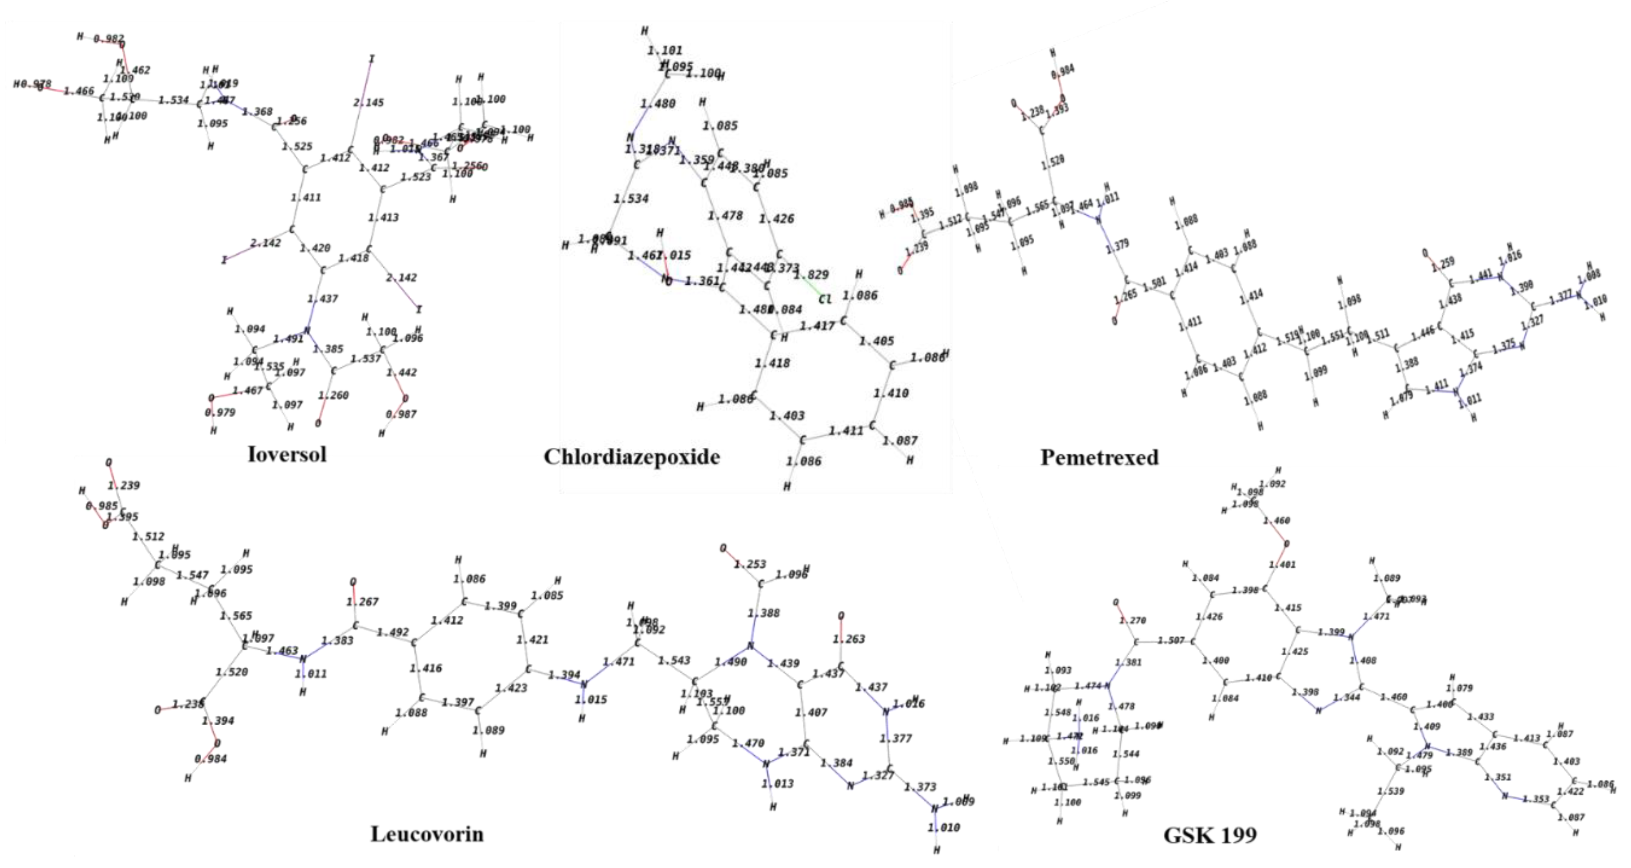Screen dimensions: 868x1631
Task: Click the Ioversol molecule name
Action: click(287, 454)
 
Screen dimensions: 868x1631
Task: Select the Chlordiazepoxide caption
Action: click(631, 457)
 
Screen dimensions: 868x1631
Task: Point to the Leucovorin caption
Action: click(427, 834)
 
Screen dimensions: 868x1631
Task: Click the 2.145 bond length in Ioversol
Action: click(368, 102)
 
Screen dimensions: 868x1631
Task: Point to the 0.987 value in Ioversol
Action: click(401, 414)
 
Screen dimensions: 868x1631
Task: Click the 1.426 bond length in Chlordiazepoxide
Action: click(776, 219)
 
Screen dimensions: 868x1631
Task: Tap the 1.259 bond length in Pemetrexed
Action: click(1443, 263)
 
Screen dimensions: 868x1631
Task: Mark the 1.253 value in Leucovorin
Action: click(750, 564)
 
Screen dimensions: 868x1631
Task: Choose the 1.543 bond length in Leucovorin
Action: click(674, 661)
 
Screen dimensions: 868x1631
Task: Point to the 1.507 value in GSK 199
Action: click(1171, 641)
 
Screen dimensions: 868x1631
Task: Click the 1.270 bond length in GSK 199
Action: click(1133, 621)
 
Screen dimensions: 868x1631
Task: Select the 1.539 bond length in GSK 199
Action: click(1391, 791)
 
